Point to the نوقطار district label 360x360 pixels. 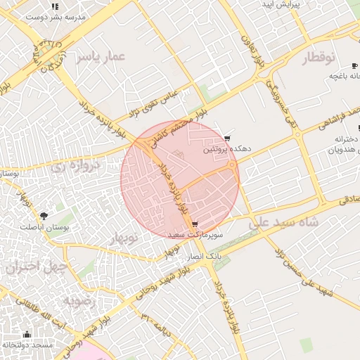[x=319, y=58]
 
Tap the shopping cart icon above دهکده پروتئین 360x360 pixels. [x=226, y=139]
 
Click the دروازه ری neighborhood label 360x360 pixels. [x=76, y=167]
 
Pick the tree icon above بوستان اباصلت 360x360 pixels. [x=44, y=215]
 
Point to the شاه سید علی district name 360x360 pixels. [x=284, y=222]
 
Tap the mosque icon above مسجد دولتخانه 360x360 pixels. [x=27, y=334]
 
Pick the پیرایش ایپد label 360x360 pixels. [x=281, y=4]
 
